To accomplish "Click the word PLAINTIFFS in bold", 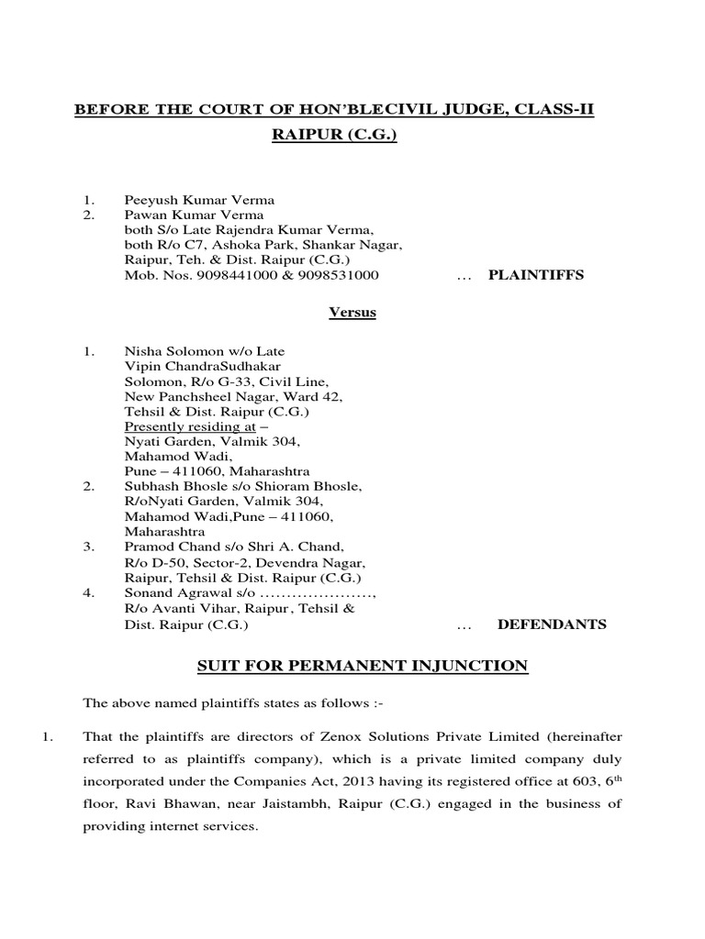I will (534, 275).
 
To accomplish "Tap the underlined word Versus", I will (352, 313).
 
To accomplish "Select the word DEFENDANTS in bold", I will (552, 624).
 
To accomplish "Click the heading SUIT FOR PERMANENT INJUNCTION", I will (363, 666).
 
